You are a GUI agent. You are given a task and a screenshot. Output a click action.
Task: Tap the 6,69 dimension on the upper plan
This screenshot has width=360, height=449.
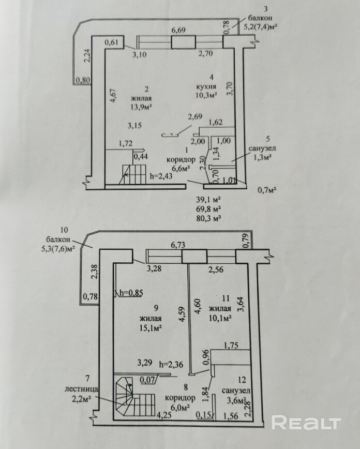(179, 31)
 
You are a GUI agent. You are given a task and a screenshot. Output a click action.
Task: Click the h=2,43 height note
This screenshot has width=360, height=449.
(161, 176)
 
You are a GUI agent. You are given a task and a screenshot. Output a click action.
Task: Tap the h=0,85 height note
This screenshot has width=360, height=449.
(130, 293)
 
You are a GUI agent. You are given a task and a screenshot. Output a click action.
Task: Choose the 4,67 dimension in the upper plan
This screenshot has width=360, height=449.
(114, 97)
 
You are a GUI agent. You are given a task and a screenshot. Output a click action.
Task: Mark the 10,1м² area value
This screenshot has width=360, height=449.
(219, 318)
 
